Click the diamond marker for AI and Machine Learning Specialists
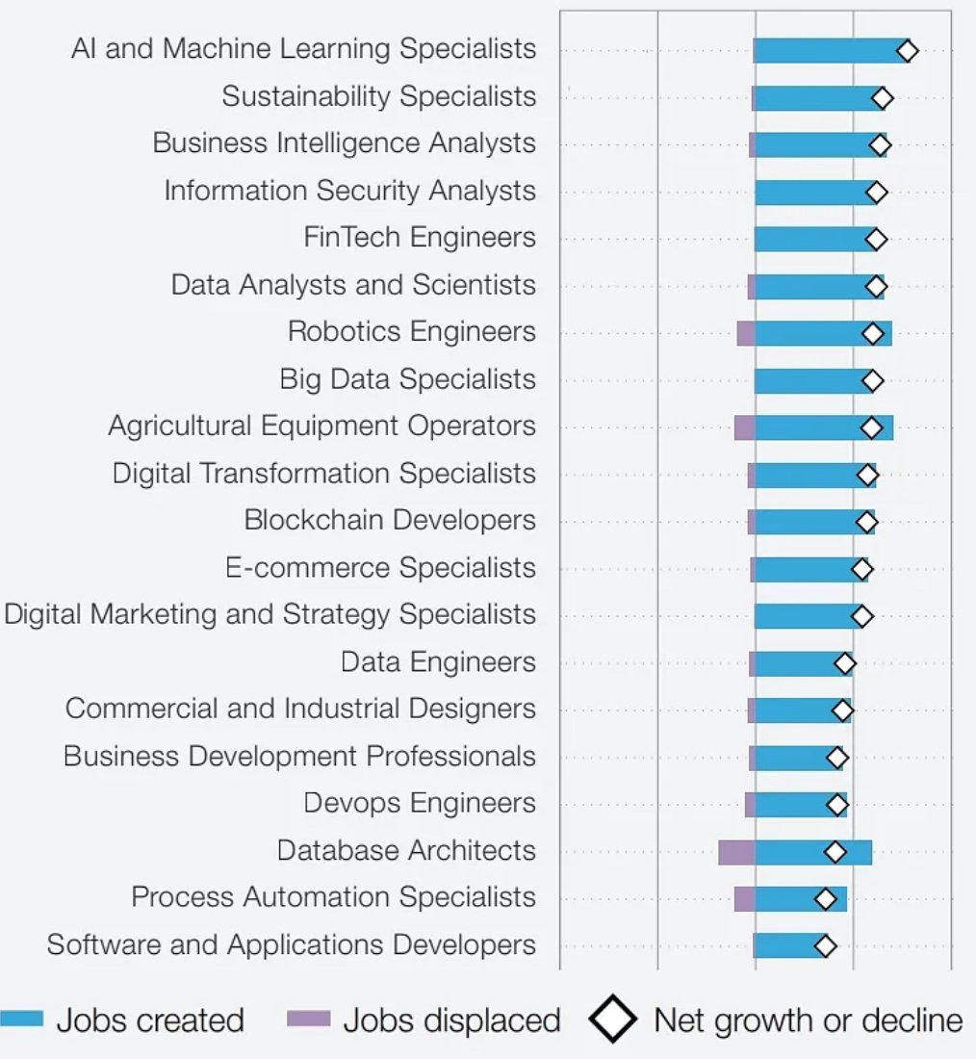[x=906, y=51]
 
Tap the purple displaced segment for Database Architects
[x=736, y=852]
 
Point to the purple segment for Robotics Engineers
[x=746, y=334]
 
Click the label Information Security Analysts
[x=349, y=191]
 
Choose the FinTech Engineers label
[x=420, y=238]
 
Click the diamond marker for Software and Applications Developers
[x=825, y=946]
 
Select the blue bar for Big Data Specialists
[x=809, y=381]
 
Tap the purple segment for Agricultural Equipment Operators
[x=744, y=428]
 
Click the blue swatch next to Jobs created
[x=21, y=1019]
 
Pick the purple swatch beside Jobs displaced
[x=308, y=1019]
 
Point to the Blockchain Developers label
[x=390, y=521]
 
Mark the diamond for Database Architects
[x=835, y=852]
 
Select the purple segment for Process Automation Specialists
[x=744, y=899]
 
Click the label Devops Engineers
[x=420, y=804]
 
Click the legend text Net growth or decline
[x=809, y=1020]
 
